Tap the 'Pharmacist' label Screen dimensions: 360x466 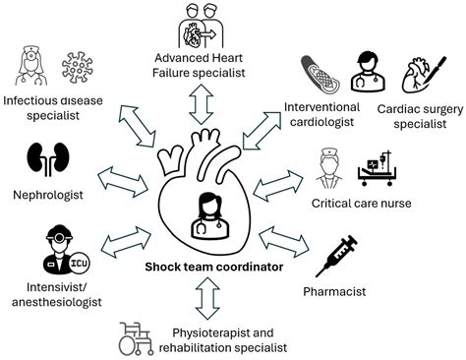coord(335,292)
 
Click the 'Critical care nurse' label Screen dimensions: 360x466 coord(362,203)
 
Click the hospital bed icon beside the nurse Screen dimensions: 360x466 coord(373,169)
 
